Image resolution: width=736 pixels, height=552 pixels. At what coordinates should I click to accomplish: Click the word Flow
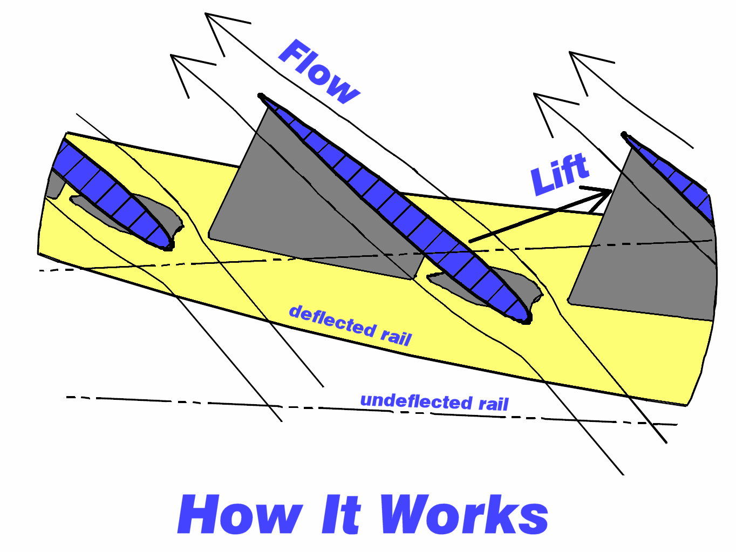pyautogui.click(x=319, y=72)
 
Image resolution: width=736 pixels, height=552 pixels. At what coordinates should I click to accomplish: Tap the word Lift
pyautogui.click(x=559, y=174)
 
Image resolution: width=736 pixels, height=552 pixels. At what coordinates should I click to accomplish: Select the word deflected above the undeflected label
pyautogui.click(x=332, y=321)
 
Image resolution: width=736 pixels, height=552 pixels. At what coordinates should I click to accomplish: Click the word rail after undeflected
pyautogui.click(x=494, y=404)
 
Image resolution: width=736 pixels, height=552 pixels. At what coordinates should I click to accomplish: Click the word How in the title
pyautogui.click(x=241, y=515)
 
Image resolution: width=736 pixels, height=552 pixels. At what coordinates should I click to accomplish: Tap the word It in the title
pyautogui.click(x=341, y=515)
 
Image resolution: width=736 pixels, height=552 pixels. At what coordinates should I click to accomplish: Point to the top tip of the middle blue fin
pyautogui.click(x=261, y=97)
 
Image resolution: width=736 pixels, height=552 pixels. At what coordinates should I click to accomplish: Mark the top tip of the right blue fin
pyautogui.click(x=624, y=134)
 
